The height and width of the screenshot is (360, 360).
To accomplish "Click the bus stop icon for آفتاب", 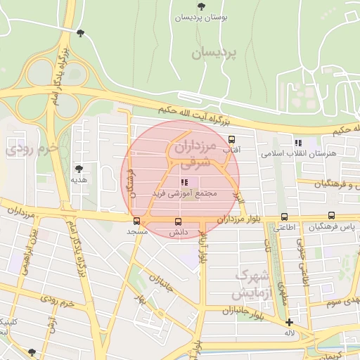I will pos(232,139).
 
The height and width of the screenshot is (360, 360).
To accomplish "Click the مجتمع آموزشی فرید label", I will pos(185,193).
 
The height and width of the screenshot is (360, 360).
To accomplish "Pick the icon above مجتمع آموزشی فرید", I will pos(184,181).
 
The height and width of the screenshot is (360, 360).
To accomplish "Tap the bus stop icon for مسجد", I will pos(136,220).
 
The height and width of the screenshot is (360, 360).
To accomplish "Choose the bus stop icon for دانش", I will pos(177,222).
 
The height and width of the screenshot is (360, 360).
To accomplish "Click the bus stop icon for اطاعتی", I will pos(284,217).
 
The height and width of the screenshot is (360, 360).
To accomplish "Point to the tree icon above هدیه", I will pos(79,169).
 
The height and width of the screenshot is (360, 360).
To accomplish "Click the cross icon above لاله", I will pos(289,321).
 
